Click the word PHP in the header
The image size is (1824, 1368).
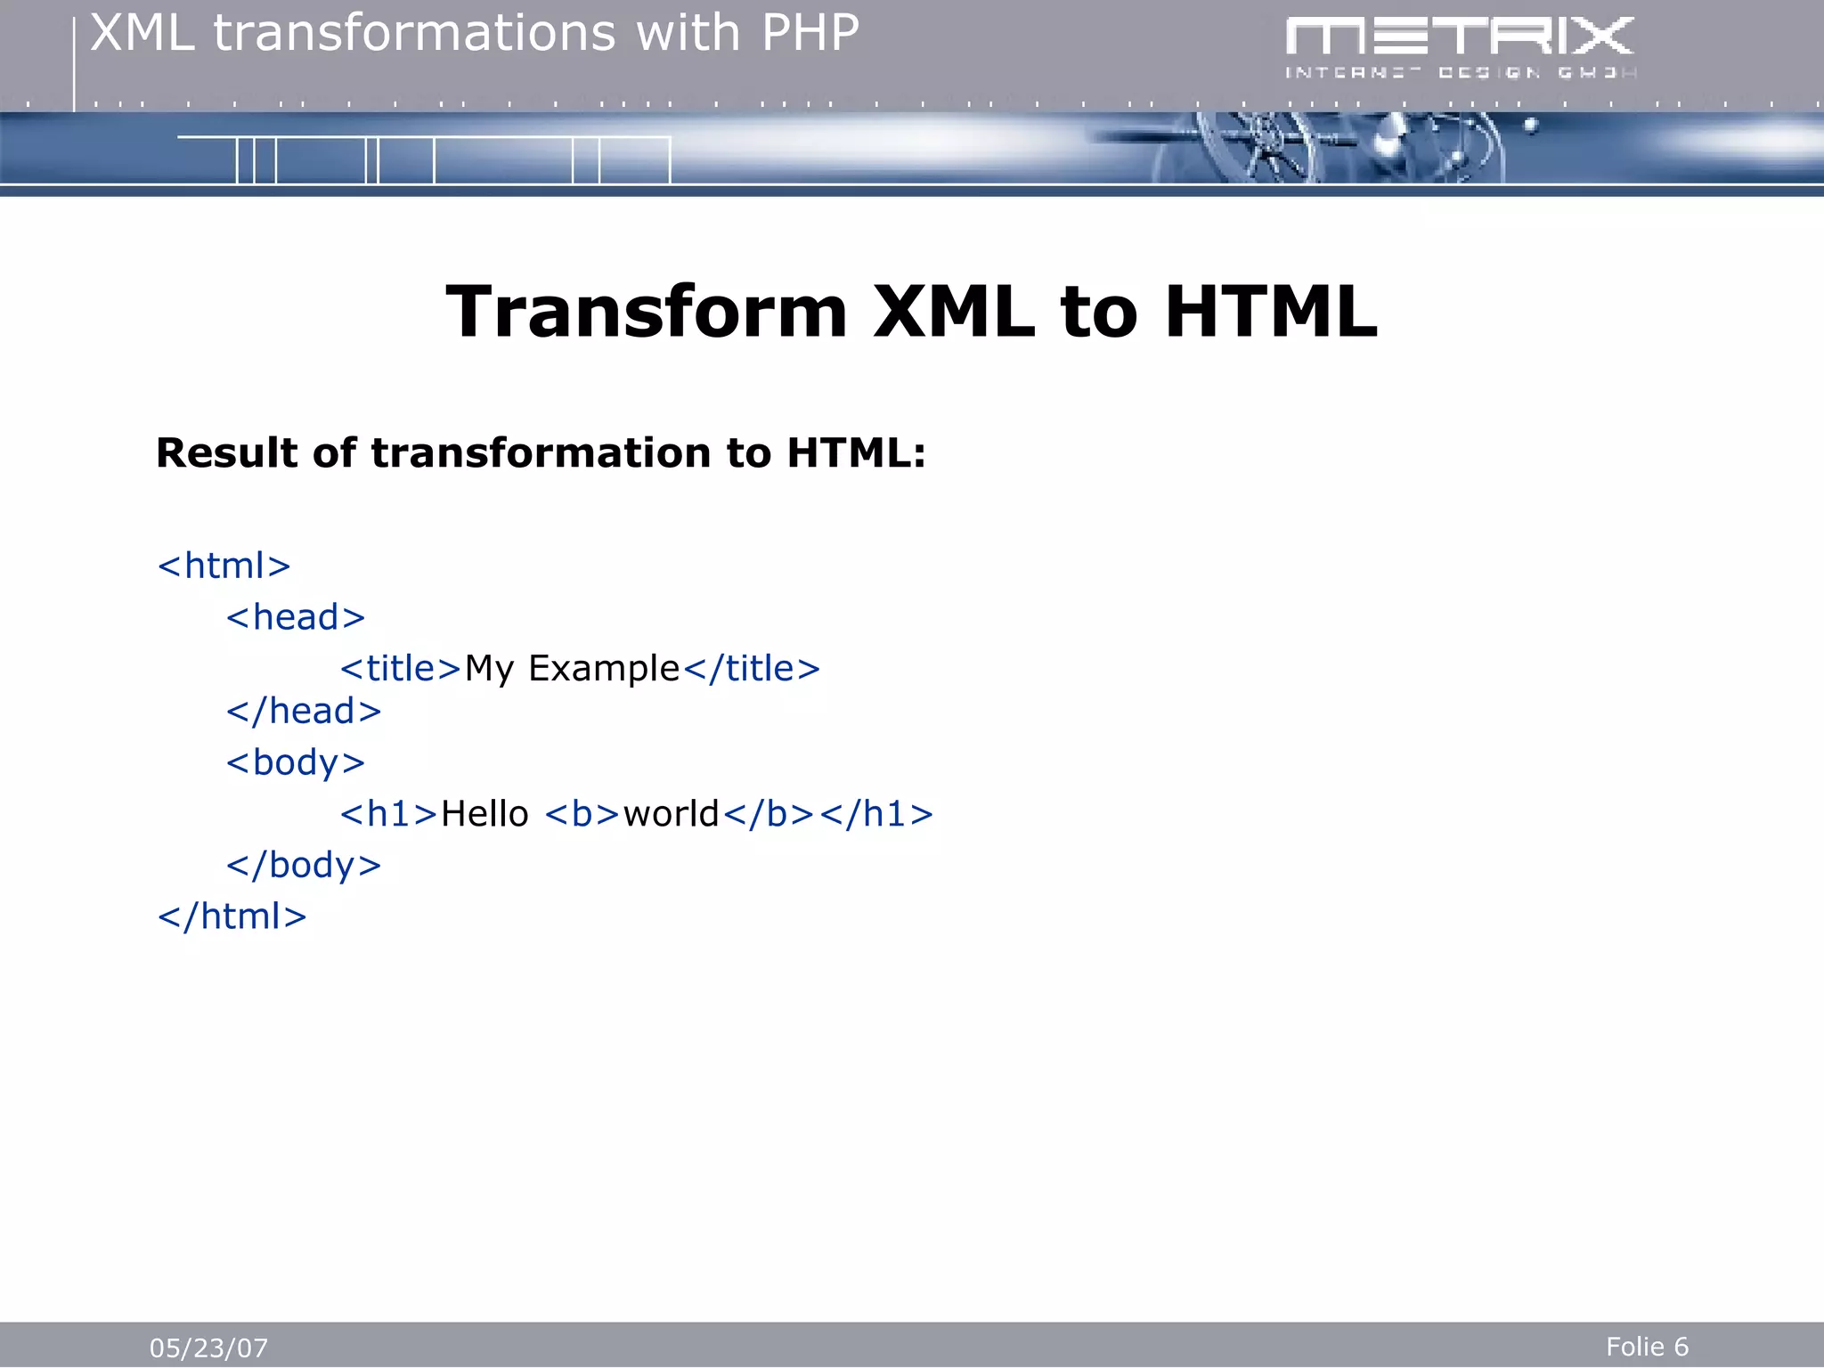(810, 34)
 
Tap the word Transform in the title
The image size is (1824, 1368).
(646, 312)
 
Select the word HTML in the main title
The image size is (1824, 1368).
(1270, 312)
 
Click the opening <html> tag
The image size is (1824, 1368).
(224, 566)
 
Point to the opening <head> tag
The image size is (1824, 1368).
(295, 617)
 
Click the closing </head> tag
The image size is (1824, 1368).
(303, 712)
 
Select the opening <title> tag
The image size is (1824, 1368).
(400, 669)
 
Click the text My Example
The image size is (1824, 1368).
(572, 669)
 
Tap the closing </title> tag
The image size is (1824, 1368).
(752, 669)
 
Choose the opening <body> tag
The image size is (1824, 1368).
(295, 763)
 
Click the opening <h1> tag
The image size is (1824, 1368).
(388, 814)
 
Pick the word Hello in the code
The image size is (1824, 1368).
(484, 814)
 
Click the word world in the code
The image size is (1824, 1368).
(671, 814)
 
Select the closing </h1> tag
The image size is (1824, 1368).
(876, 814)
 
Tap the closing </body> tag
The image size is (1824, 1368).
(303, 866)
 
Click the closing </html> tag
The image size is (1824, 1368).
(232, 916)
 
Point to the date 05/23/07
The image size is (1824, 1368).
(208, 1348)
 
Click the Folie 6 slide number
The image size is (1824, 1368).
(1647, 1347)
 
